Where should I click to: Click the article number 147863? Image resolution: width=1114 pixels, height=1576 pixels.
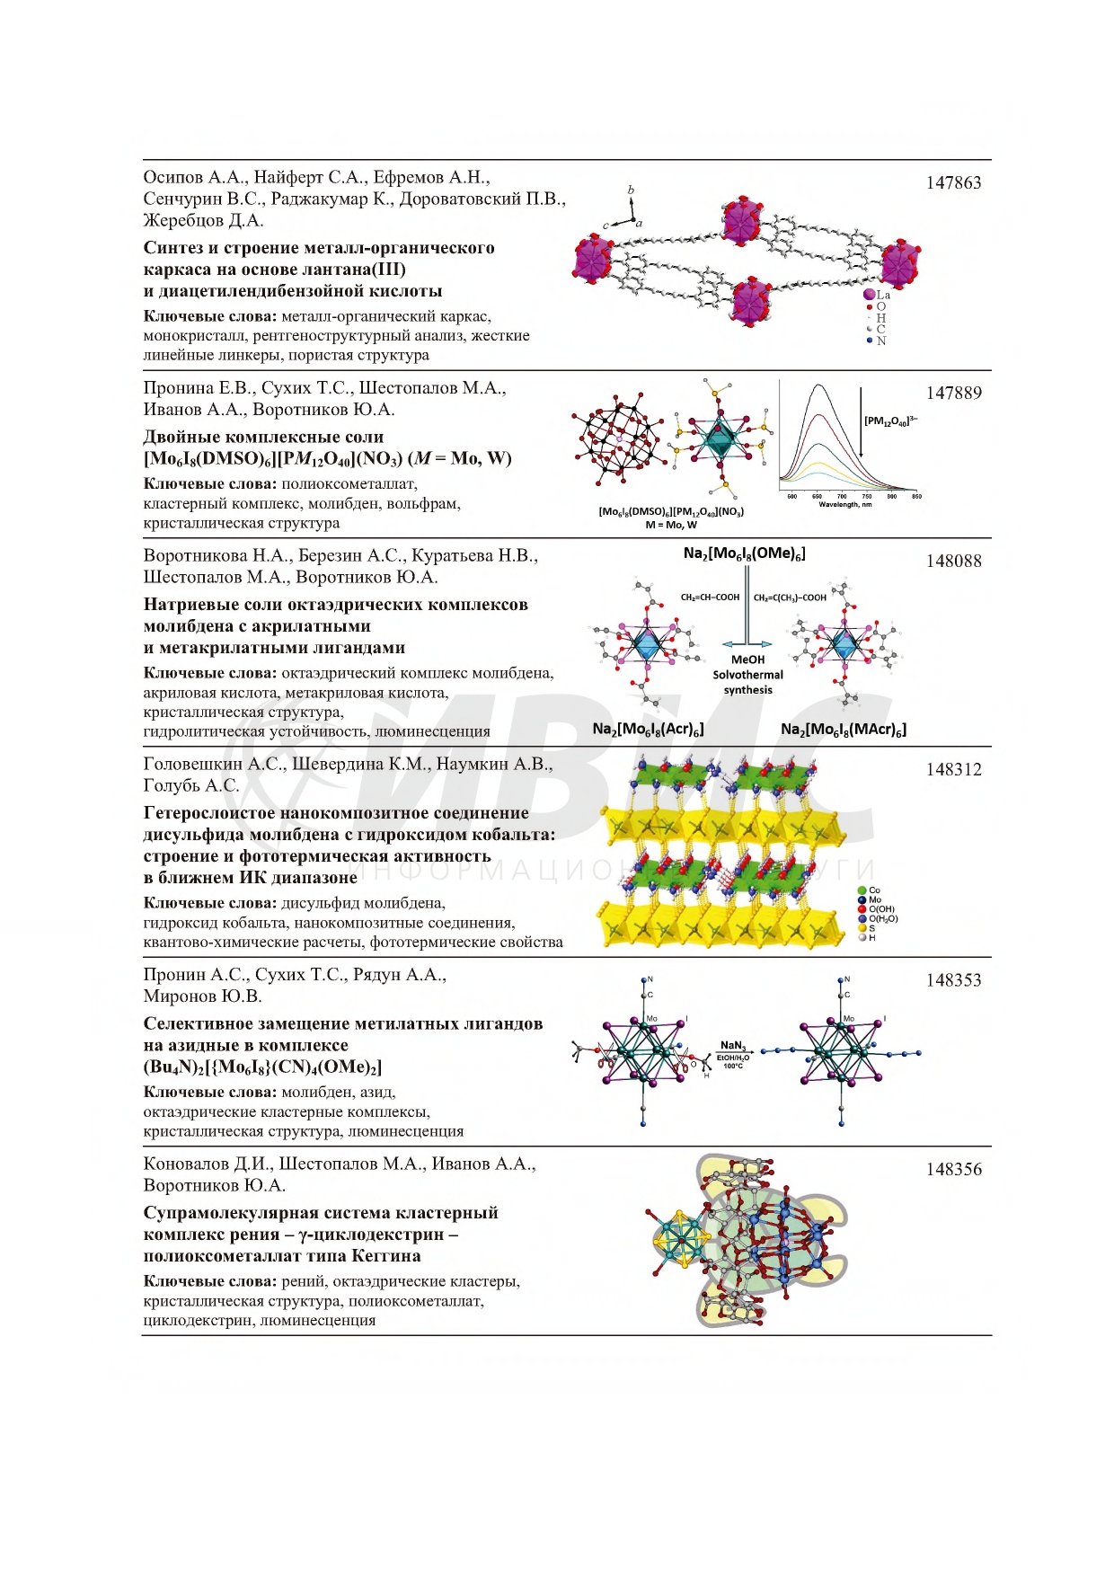click(953, 183)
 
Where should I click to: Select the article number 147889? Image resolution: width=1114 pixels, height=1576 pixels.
click(953, 394)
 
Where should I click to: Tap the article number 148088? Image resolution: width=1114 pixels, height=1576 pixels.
click(953, 562)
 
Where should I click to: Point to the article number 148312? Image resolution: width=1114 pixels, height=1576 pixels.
click(953, 770)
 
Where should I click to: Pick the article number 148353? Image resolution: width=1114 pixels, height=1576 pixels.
click(953, 980)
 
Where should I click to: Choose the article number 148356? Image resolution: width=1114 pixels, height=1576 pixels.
click(953, 1170)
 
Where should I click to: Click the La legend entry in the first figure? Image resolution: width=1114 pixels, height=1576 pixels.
click(878, 295)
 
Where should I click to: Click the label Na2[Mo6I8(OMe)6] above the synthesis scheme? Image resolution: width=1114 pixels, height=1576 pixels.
click(744, 554)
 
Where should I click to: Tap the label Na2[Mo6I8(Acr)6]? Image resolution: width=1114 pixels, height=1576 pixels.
click(648, 730)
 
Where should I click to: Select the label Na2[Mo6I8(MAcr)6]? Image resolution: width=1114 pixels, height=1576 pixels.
click(844, 730)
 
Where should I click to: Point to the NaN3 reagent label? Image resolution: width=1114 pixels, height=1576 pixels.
click(732, 1045)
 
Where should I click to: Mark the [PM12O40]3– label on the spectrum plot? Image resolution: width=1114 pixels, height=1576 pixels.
click(890, 421)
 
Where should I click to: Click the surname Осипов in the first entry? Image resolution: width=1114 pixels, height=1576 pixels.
click(173, 178)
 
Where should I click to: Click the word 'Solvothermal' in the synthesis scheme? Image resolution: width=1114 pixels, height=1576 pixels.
click(747, 675)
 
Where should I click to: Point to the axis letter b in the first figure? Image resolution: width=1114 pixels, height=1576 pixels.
click(631, 190)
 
